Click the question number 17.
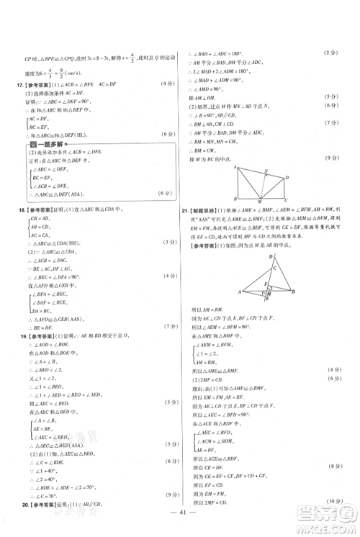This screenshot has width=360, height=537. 20,84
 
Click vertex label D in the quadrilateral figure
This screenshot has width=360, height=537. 286,177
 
